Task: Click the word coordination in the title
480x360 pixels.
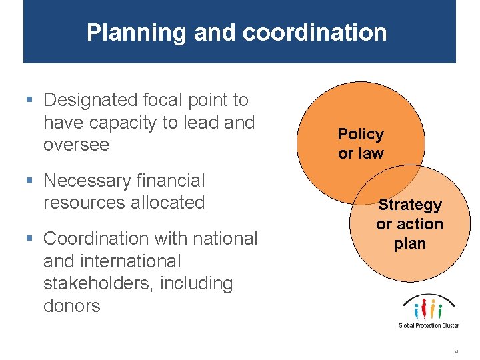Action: (x=315, y=33)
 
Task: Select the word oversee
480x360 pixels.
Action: (x=76, y=145)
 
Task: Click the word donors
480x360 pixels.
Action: (x=71, y=306)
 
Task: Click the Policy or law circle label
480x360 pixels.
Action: (x=361, y=143)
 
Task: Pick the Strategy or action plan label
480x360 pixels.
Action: (x=409, y=224)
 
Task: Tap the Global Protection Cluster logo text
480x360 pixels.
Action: (x=429, y=325)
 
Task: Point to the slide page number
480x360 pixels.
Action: (x=457, y=350)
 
